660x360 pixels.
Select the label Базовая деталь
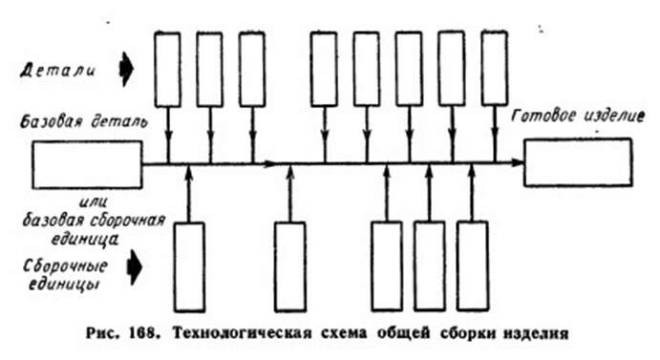[x=75, y=123]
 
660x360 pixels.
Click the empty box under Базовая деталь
[x=87, y=163]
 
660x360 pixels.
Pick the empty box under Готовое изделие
[x=577, y=161]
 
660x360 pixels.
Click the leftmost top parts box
[x=167, y=69]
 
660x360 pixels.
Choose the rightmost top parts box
[x=494, y=69]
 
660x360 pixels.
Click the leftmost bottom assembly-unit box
[x=190, y=265]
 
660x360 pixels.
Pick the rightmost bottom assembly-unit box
[x=472, y=265]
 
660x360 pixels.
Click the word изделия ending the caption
[x=540, y=334]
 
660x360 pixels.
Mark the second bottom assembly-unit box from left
[x=289, y=265]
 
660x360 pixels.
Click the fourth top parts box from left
[x=324, y=69]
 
